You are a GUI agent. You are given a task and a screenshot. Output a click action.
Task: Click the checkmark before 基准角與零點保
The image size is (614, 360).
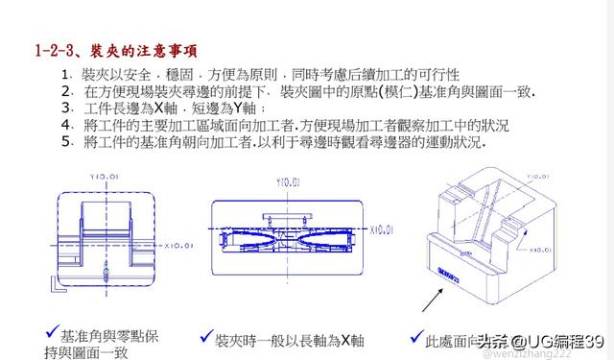(50, 331)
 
